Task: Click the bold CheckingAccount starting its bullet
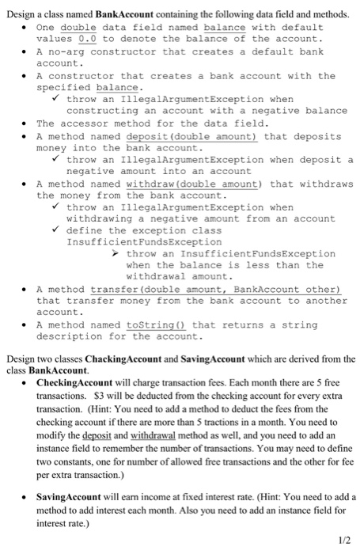[78, 382]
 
